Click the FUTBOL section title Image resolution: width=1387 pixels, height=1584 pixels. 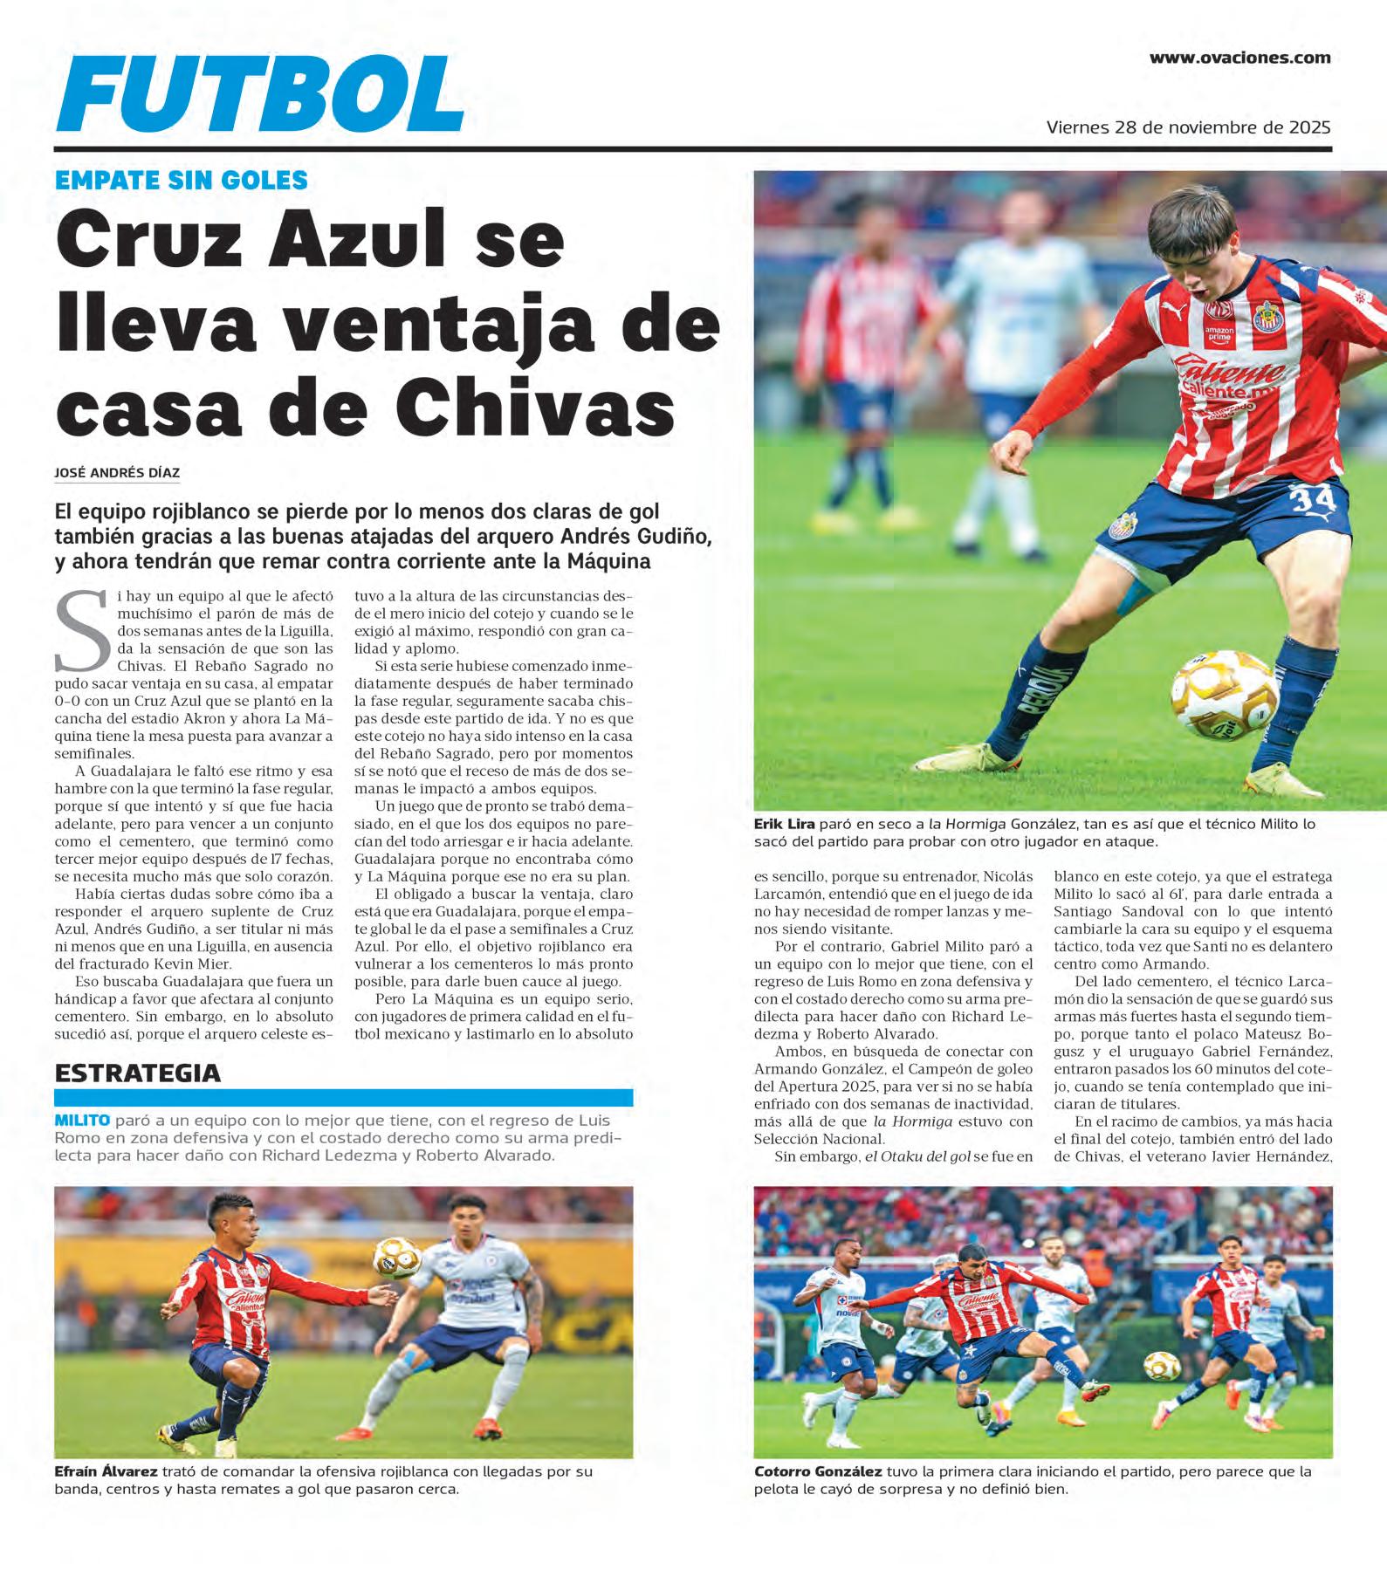pos(259,95)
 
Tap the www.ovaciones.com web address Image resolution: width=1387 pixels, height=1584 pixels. pos(1239,58)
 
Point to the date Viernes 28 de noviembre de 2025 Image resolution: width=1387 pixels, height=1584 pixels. pos(1188,127)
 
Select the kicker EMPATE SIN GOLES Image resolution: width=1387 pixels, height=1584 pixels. pos(181,181)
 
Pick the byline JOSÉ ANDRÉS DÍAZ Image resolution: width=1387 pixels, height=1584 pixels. pos(117,473)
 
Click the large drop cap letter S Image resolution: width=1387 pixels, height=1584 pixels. pos(83,630)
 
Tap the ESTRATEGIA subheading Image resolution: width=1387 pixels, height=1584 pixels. pos(137,1073)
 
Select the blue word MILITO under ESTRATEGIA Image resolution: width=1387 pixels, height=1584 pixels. pos(82,1121)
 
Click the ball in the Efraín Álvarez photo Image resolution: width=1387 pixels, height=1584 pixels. pos(397,1256)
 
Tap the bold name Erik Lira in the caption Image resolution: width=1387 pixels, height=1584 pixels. pos(785,824)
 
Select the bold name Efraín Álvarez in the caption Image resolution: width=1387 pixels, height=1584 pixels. pos(106,1471)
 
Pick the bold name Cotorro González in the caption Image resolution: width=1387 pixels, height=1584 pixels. pos(818,1471)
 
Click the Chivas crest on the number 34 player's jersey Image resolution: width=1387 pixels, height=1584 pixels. pos(1264,318)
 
